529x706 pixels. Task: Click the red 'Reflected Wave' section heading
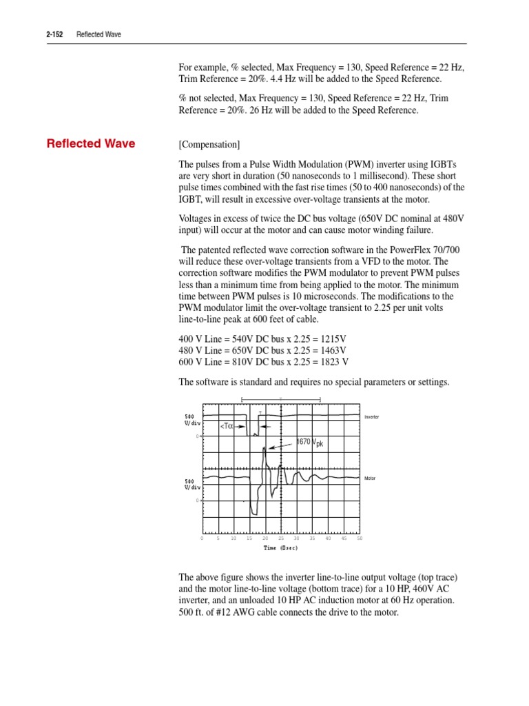(x=90, y=144)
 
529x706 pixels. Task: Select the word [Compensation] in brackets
(x=209, y=145)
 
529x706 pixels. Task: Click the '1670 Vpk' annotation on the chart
(x=309, y=442)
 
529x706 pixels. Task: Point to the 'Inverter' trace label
(x=371, y=417)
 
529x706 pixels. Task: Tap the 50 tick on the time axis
(x=360, y=538)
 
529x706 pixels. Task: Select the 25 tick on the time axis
(x=281, y=538)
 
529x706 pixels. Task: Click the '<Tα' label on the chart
(x=227, y=426)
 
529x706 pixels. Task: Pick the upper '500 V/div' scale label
(x=192, y=420)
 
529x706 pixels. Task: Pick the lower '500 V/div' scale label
(x=192, y=484)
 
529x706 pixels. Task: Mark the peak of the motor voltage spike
(x=264, y=449)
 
